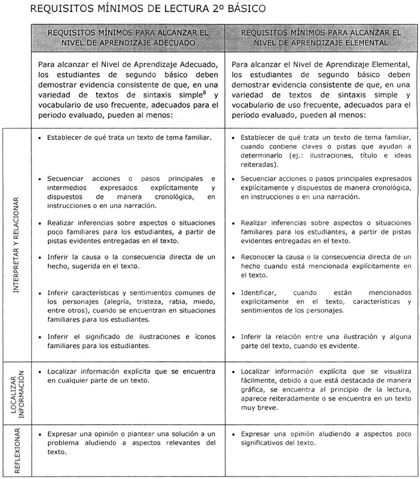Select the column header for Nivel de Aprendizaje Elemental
(x=320, y=38)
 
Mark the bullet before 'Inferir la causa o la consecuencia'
(x=39, y=257)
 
